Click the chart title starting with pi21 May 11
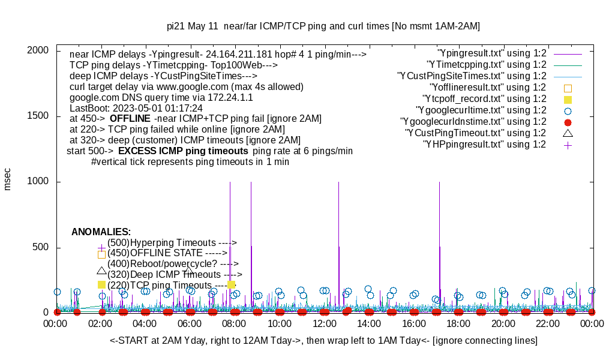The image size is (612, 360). click(x=323, y=26)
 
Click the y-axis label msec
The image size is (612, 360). click(x=8, y=179)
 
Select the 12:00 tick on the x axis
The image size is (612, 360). click(x=325, y=324)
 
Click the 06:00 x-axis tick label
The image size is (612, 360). click(x=190, y=324)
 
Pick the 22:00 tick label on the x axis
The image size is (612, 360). click(x=548, y=324)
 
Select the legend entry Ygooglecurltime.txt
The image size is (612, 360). click(x=481, y=110)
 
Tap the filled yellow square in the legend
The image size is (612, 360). click(x=568, y=99)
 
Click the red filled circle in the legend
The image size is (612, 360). click(x=568, y=122)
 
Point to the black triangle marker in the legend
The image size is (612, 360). click(x=568, y=133)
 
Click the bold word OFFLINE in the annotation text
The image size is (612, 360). click(x=130, y=118)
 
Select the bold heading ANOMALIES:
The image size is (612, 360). click(x=101, y=232)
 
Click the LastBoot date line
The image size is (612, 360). click(x=136, y=108)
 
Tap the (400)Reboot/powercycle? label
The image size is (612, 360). click(x=173, y=263)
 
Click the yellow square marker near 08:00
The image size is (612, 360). click(x=232, y=284)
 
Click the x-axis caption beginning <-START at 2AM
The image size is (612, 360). click(x=323, y=341)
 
